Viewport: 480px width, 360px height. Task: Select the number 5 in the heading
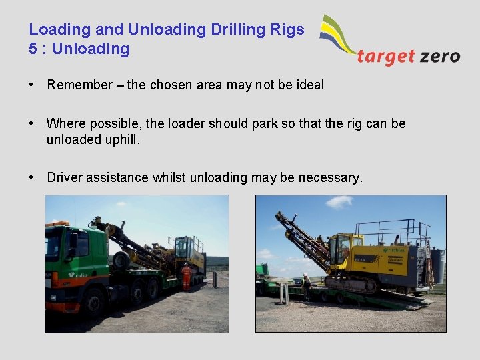pyautogui.click(x=33, y=49)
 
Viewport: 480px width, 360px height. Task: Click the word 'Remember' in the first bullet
pyautogui.click(x=79, y=85)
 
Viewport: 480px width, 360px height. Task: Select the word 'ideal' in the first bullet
pyautogui.click(x=309, y=85)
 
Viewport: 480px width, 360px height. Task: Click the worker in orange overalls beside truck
pyautogui.click(x=186, y=275)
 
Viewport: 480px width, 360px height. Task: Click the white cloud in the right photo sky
pyautogui.click(x=339, y=201)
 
